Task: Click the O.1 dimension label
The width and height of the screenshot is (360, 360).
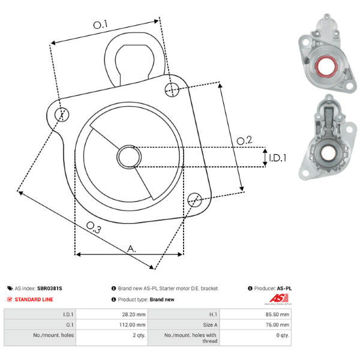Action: point(100,25)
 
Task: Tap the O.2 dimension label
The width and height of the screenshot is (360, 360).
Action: point(244,140)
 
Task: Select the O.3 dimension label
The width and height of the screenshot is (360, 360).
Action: point(94,227)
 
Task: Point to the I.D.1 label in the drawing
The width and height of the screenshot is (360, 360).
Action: point(278,158)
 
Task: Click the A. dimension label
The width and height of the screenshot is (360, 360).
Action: point(131,248)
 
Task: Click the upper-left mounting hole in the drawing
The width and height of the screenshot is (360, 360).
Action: point(62,115)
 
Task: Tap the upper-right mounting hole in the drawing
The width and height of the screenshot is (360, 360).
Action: point(172,90)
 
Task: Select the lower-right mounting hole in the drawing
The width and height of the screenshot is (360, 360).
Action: point(194,200)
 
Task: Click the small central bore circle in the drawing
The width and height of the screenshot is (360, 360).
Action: point(129,157)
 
